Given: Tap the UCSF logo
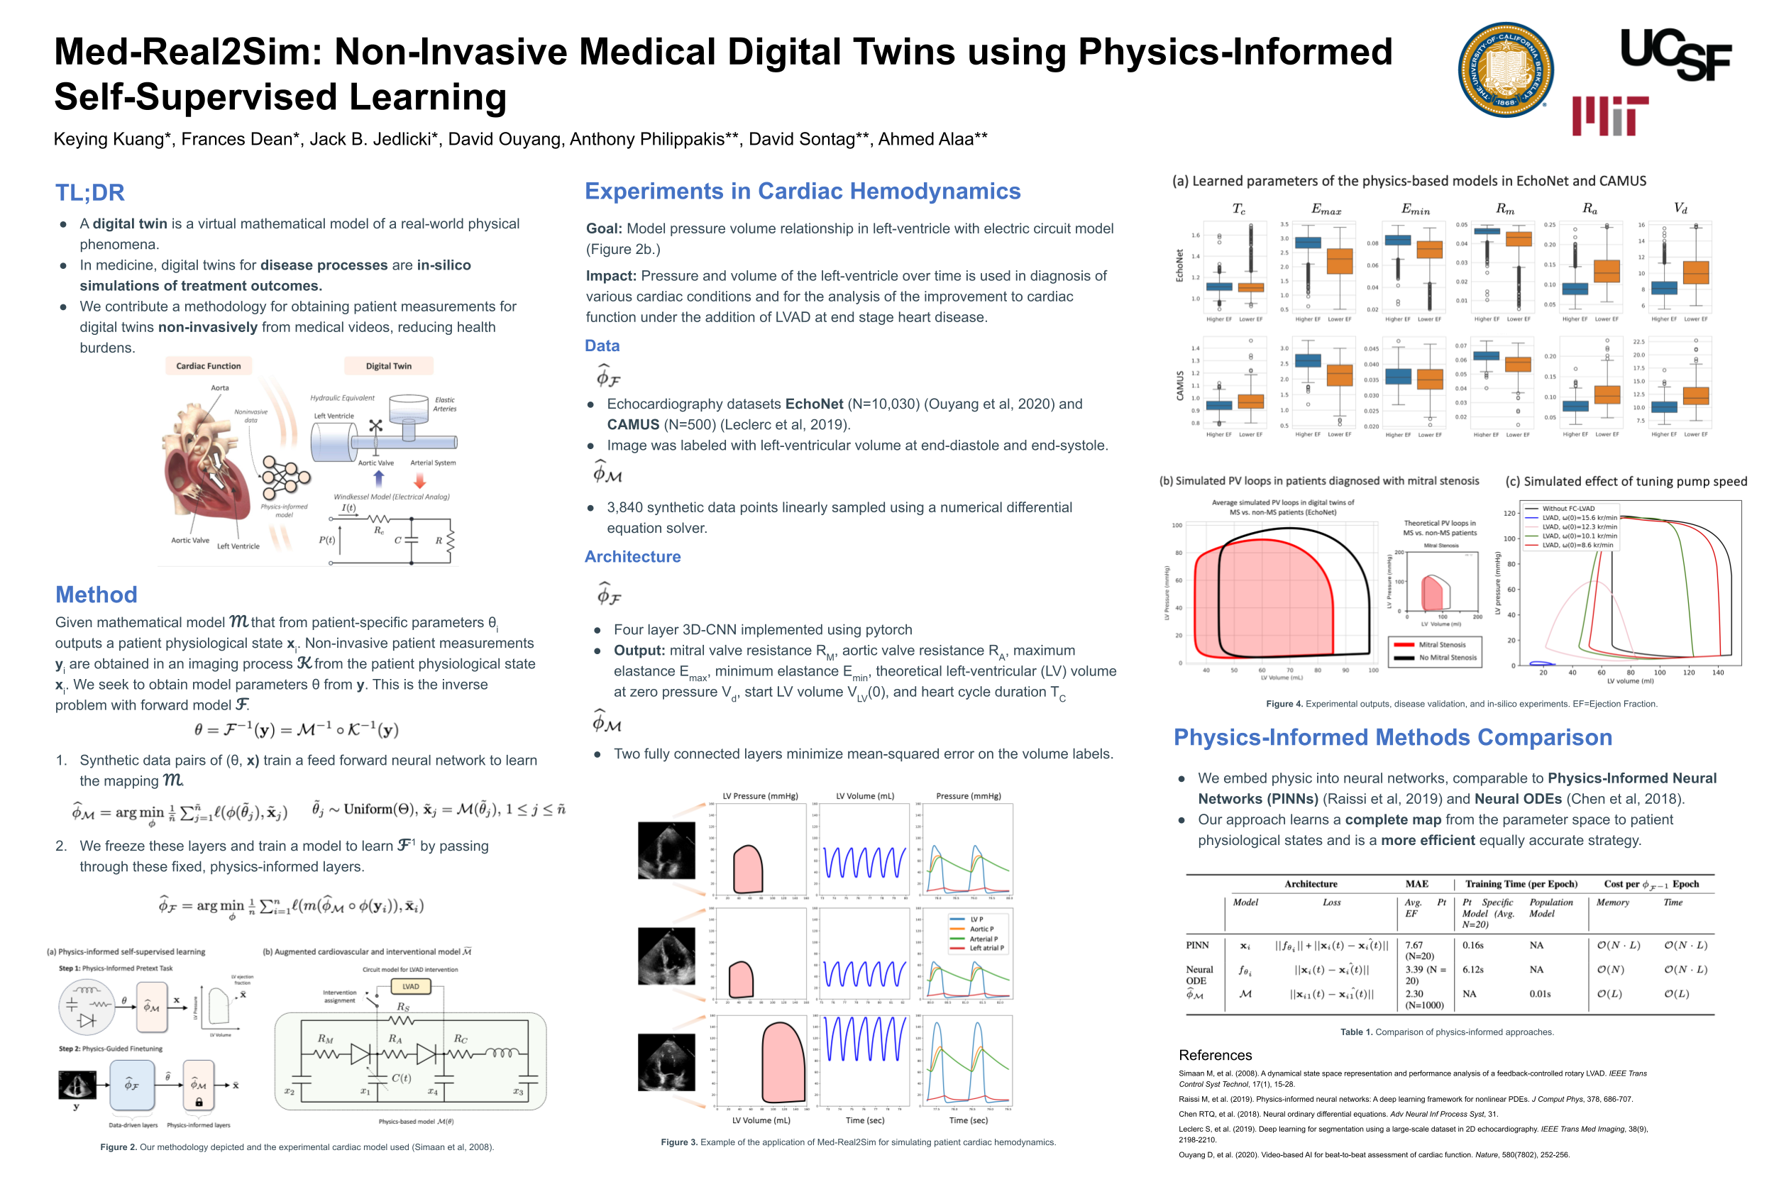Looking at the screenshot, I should [x=1675, y=54].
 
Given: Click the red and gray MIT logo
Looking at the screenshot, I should [x=1609, y=116].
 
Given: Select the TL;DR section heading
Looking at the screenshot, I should [x=89, y=192].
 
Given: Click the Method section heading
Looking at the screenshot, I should [x=96, y=594].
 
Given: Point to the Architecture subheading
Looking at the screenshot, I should [x=632, y=556].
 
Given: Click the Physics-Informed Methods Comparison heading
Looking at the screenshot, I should [x=1392, y=736].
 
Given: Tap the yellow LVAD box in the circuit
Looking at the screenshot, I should [x=410, y=986].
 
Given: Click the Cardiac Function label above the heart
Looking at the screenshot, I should [x=208, y=365].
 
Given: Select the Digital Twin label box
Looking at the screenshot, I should [x=388, y=365].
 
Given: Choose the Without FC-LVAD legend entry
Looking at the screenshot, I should [x=1567, y=509].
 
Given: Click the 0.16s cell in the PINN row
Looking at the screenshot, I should [x=1472, y=944].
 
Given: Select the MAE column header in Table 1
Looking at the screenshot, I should [x=1416, y=883].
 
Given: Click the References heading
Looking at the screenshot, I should [x=1215, y=1054].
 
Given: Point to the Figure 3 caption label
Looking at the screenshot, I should [x=679, y=1142].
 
